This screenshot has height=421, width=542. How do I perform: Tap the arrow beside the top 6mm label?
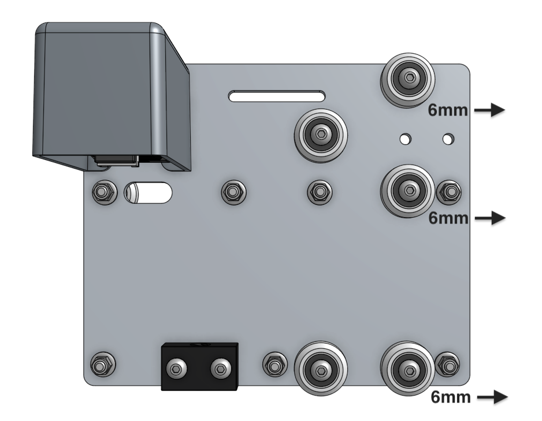[x=490, y=110]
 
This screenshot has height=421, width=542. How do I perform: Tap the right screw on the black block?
[x=220, y=367]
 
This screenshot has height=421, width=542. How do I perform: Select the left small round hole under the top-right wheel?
[x=406, y=139]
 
